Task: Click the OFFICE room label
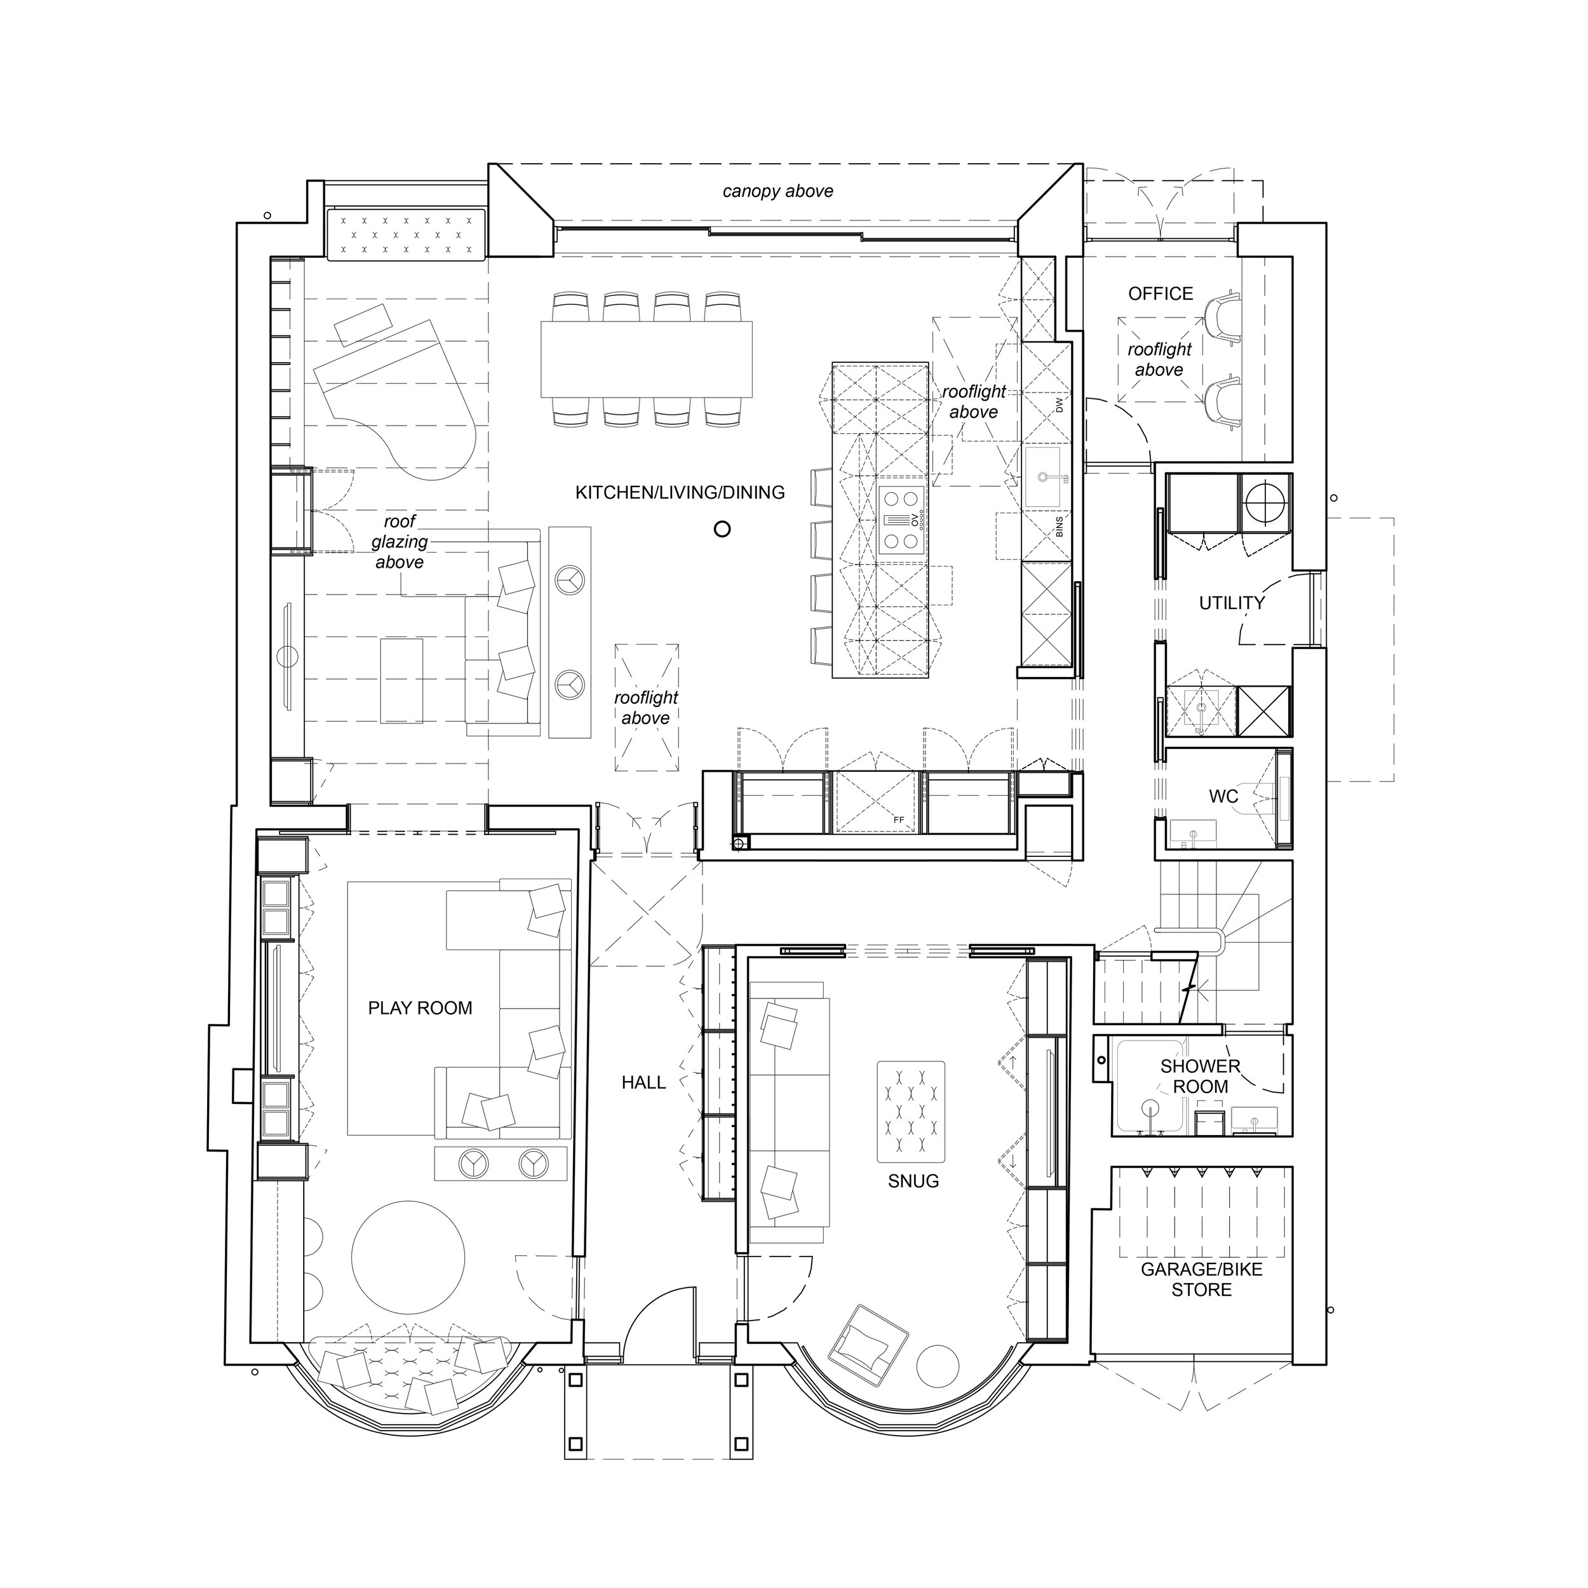pyautogui.click(x=1160, y=293)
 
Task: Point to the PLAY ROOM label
pyautogui.click(x=420, y=1009)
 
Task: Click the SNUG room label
pyautogui.click(x=913, y=1181)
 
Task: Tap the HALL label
pyautogui.click(x=643, y=1082)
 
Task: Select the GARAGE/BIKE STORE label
pyautogui.click(x=1202, y=1280)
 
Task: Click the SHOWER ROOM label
pyautogui.click(x=1200, y=1077)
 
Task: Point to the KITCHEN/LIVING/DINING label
pyautogui.click(x=680, y=492)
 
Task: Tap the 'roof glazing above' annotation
pyautogui.click(x=400, y=542)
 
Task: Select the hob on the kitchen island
pyautogui.click(x=903, y=520)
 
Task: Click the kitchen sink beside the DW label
pyautogui.click(x=1047, y=477)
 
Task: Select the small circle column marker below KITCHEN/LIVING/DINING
pyautogui.click(x=722, y=529)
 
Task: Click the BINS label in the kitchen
pyautogui.click(x=1060, y=527)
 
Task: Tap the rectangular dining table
pyautogui.click(x=647, y=359)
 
